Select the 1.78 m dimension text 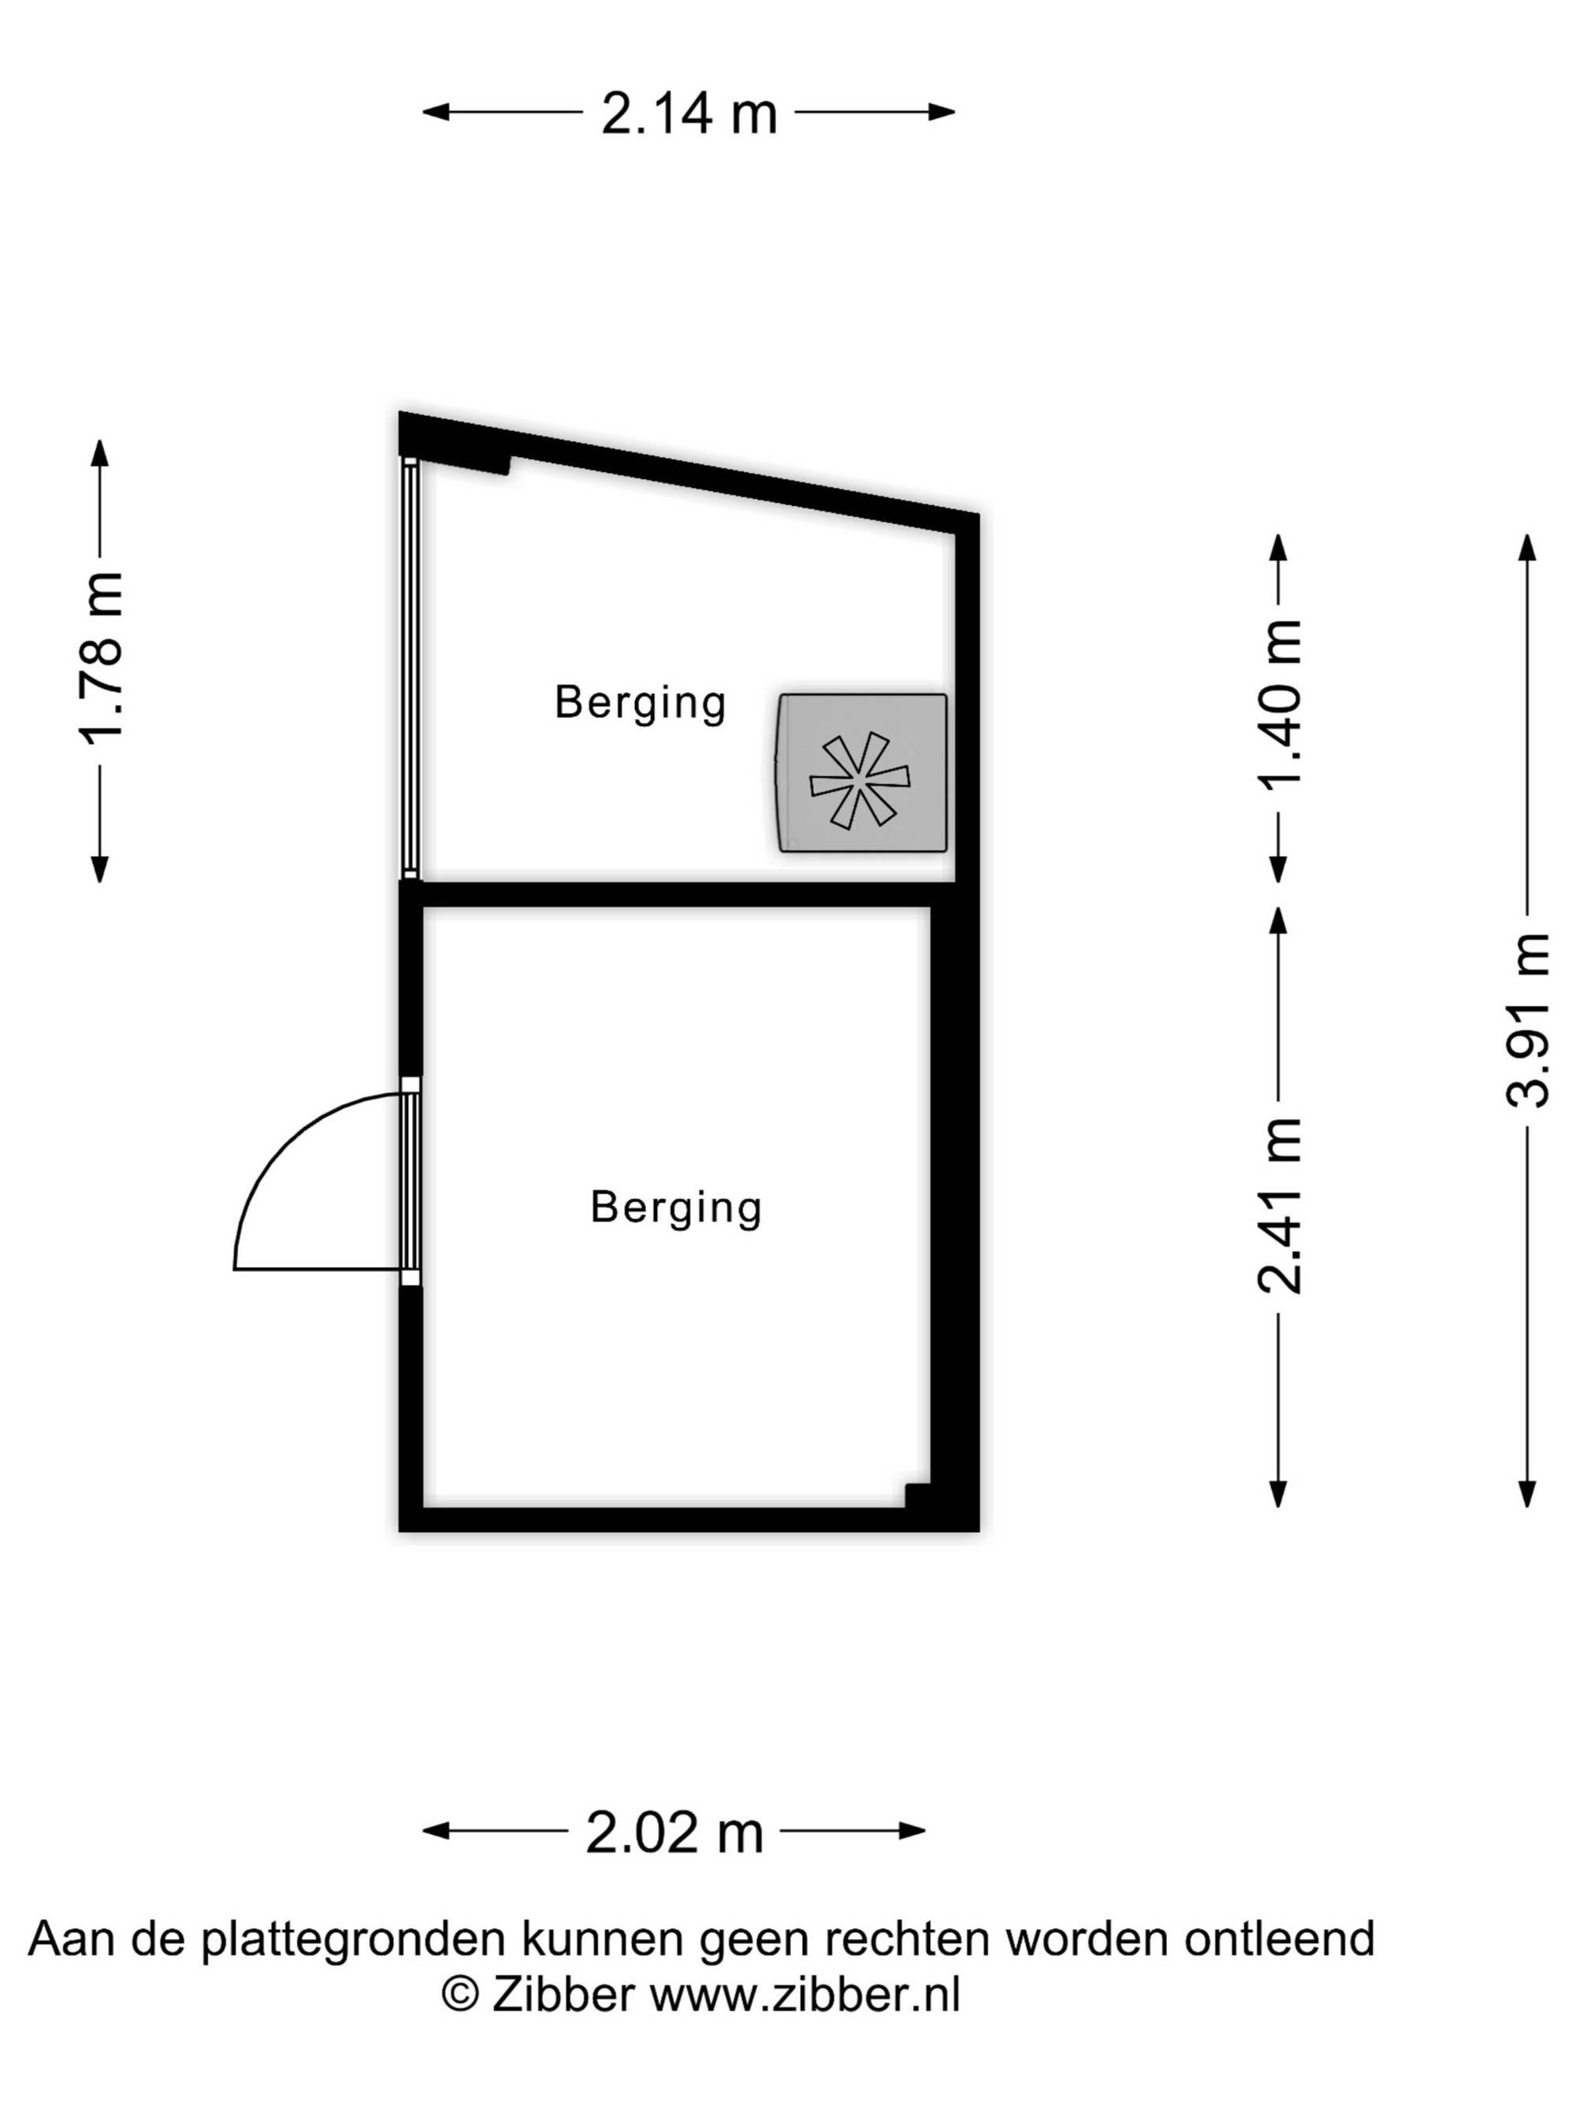(x=101, y=657)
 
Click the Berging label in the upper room (x=641, y=703)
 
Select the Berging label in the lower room (x=675, y=1207)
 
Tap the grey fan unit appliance (x=861, y=772)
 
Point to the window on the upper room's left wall (x=410, y=669)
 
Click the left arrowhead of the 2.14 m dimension (x=435, y=112)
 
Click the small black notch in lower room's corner (x=916, y=1495)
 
